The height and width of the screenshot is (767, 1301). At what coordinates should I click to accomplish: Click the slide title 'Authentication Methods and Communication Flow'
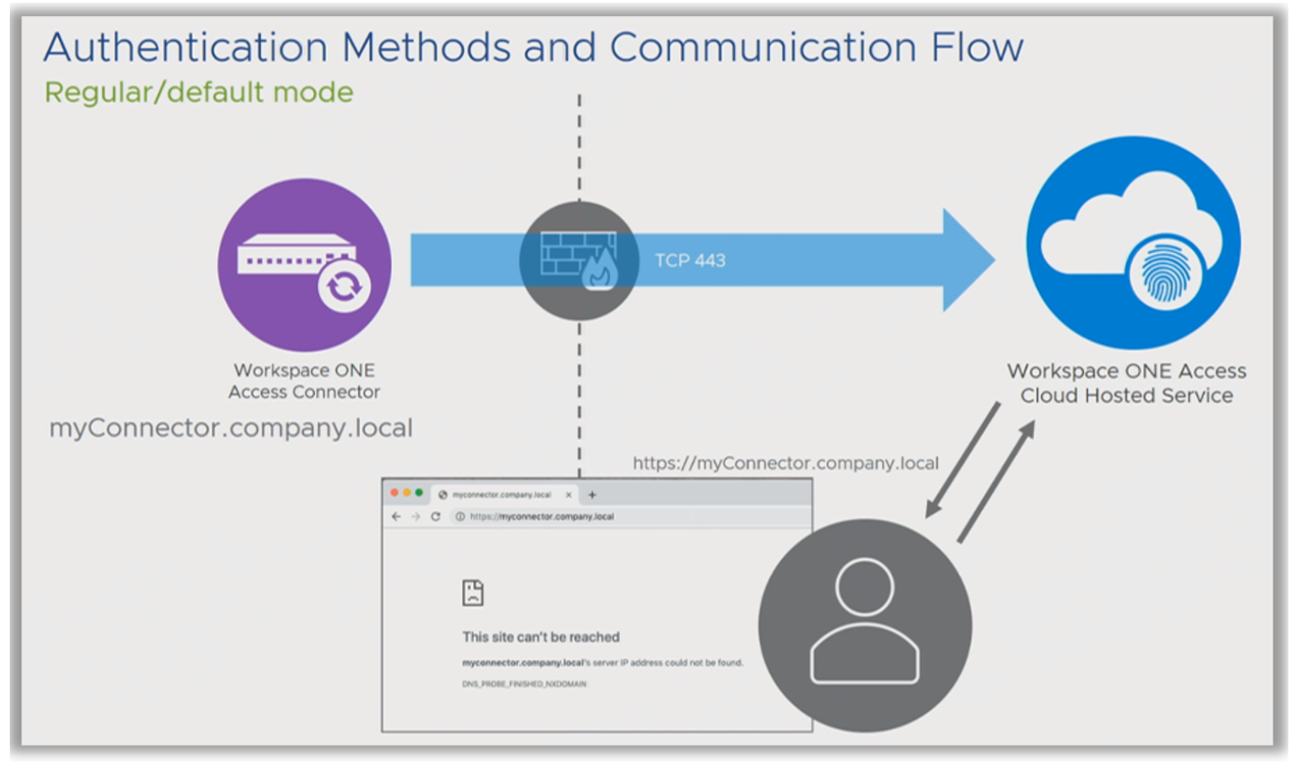tap(533, 47)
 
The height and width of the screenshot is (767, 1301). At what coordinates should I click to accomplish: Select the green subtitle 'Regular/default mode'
tap(199, 93)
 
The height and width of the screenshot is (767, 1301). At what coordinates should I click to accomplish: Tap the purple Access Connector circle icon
tap(305, 265)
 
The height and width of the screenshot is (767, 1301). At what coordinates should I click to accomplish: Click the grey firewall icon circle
tap(579, 260)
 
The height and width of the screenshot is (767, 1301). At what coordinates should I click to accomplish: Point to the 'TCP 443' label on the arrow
tap(690, 261)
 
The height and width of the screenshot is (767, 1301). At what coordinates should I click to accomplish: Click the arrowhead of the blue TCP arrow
tap(967, 260)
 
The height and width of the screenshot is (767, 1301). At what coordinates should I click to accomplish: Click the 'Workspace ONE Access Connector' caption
tap(304, 381)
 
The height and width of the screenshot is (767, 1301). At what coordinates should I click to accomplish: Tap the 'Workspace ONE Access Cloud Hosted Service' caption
tap(1126, 383)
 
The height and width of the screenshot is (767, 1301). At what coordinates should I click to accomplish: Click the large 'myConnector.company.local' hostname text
tap(231, 428)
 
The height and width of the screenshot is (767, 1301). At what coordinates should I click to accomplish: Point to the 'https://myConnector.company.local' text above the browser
tap(785, 463)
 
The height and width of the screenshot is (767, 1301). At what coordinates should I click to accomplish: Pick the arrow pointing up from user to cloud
tap(996, 481)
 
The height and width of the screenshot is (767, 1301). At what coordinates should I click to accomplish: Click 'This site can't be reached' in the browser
tap(541, 637)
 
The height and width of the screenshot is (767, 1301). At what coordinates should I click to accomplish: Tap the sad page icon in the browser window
tap(473, 592)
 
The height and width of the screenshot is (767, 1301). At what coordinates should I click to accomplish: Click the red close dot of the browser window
tap(394, 493)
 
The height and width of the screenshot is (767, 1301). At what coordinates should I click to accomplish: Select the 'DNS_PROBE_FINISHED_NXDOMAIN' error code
tap(524, 684)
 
